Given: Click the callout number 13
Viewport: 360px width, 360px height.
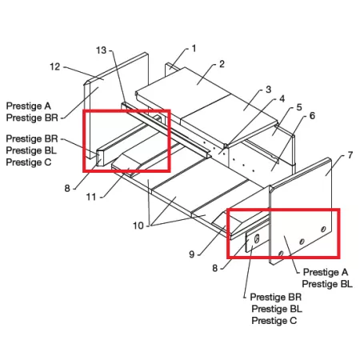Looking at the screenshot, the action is (101, 50).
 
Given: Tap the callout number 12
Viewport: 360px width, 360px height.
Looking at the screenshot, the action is (55, 66).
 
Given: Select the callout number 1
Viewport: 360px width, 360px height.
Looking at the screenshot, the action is (194, 49).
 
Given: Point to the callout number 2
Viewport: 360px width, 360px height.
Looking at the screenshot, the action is (222, 64).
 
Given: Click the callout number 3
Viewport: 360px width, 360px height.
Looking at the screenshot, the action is (268, 90).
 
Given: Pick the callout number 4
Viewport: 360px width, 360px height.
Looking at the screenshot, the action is (282, 98).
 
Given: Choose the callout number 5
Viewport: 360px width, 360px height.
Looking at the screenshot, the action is (299, 107).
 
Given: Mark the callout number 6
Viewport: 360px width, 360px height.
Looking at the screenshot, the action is (312, 116).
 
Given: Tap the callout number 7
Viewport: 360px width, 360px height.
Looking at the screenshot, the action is (350, 155).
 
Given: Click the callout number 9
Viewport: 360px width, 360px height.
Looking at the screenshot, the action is (192, 254).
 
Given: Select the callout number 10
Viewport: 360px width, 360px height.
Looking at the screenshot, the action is (138, 226).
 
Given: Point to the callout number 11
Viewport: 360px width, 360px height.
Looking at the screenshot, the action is (91, 197).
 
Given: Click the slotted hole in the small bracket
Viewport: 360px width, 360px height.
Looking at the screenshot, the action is (257, 238).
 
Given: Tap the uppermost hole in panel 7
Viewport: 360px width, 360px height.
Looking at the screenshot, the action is (323, 229).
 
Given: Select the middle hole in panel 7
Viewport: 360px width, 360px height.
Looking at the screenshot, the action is (302, 242).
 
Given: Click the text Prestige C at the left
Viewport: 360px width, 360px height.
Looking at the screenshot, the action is (29, 162).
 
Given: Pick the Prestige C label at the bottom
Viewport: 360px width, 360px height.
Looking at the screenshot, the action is (274, 321).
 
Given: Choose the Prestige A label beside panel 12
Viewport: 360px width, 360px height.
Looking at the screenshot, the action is (29, 106).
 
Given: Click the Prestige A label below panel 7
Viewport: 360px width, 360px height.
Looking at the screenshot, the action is (326, 272).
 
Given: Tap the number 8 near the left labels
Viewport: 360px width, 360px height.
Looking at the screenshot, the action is (67, 189).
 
